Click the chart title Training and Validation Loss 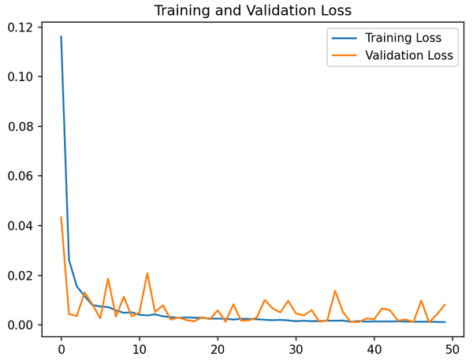tap(252, 11)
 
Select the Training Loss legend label tap(403, 38)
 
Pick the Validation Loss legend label tap(409, 56)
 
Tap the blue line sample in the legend tap(345, 38)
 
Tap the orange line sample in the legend tap(345, 56)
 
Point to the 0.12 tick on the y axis tap(21, 28)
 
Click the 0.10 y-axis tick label tap(21, 77)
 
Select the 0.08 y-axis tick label tap(21, 127)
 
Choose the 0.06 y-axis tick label tap(21, 176)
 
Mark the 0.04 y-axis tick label tap(21, 226)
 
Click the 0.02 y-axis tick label tap(21, 276)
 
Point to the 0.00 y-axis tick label tap(21, 325)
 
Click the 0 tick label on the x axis tap(61, 348)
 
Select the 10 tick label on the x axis tap(140, 348)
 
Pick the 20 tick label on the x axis tap(218, 348)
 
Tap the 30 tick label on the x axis tap(296, 348)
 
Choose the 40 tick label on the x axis tap(374, 348)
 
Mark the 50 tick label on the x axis tap(453, 348)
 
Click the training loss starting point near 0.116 tap(61, 36)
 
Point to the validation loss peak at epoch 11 tap(147, 273)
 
